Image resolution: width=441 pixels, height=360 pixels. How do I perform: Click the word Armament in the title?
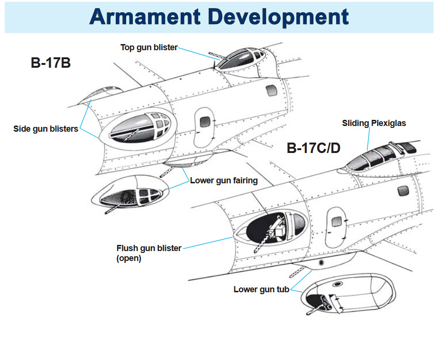145,17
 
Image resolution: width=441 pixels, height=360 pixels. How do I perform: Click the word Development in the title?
278,17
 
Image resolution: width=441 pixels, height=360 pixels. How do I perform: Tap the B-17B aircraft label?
51,63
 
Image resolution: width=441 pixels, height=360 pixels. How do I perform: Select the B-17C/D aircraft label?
313,148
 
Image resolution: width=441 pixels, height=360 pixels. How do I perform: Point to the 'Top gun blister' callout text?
149,47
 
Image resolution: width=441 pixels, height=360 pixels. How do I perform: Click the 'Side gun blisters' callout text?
46,128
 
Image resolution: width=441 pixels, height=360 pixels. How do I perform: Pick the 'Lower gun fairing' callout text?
224,180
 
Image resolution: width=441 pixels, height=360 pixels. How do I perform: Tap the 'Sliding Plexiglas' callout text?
374,123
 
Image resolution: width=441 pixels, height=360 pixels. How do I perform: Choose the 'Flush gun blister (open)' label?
149,253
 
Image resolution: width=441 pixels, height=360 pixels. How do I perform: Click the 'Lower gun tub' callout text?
261,289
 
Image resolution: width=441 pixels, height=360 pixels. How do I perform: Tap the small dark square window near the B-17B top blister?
272,90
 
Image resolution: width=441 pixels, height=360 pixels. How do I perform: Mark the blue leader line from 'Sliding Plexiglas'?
368,139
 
